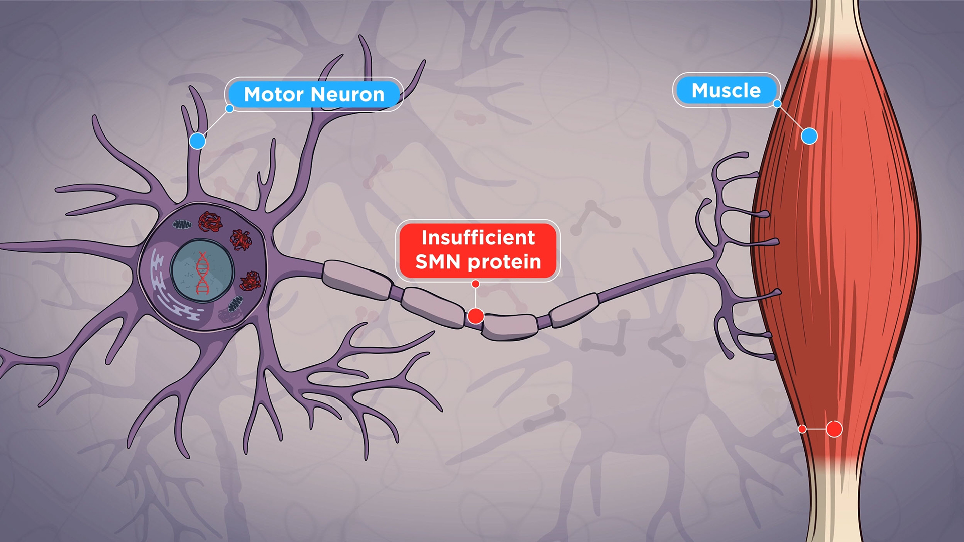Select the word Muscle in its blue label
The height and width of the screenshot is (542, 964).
point(726,91)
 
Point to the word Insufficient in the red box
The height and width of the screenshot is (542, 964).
point(478,238)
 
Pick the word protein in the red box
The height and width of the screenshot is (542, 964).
point(504,262)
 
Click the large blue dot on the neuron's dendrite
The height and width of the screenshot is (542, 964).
point(197,141)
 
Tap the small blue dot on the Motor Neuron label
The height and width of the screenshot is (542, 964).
point(230,109)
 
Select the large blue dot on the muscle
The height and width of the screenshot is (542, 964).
point(809,136)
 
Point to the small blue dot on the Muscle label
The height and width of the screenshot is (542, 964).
point(777,104)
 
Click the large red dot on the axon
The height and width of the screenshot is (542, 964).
point(475,316)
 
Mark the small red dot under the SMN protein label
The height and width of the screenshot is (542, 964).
point(476,284)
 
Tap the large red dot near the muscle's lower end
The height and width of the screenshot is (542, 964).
point(834,429)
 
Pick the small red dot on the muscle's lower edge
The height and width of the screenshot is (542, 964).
point(802,429)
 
